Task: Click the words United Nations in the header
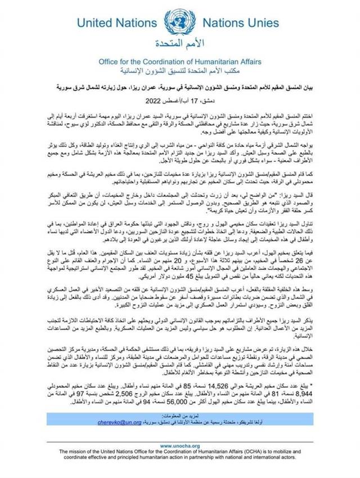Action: tap(112, 24)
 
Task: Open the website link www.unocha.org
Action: tap(179, 446)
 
